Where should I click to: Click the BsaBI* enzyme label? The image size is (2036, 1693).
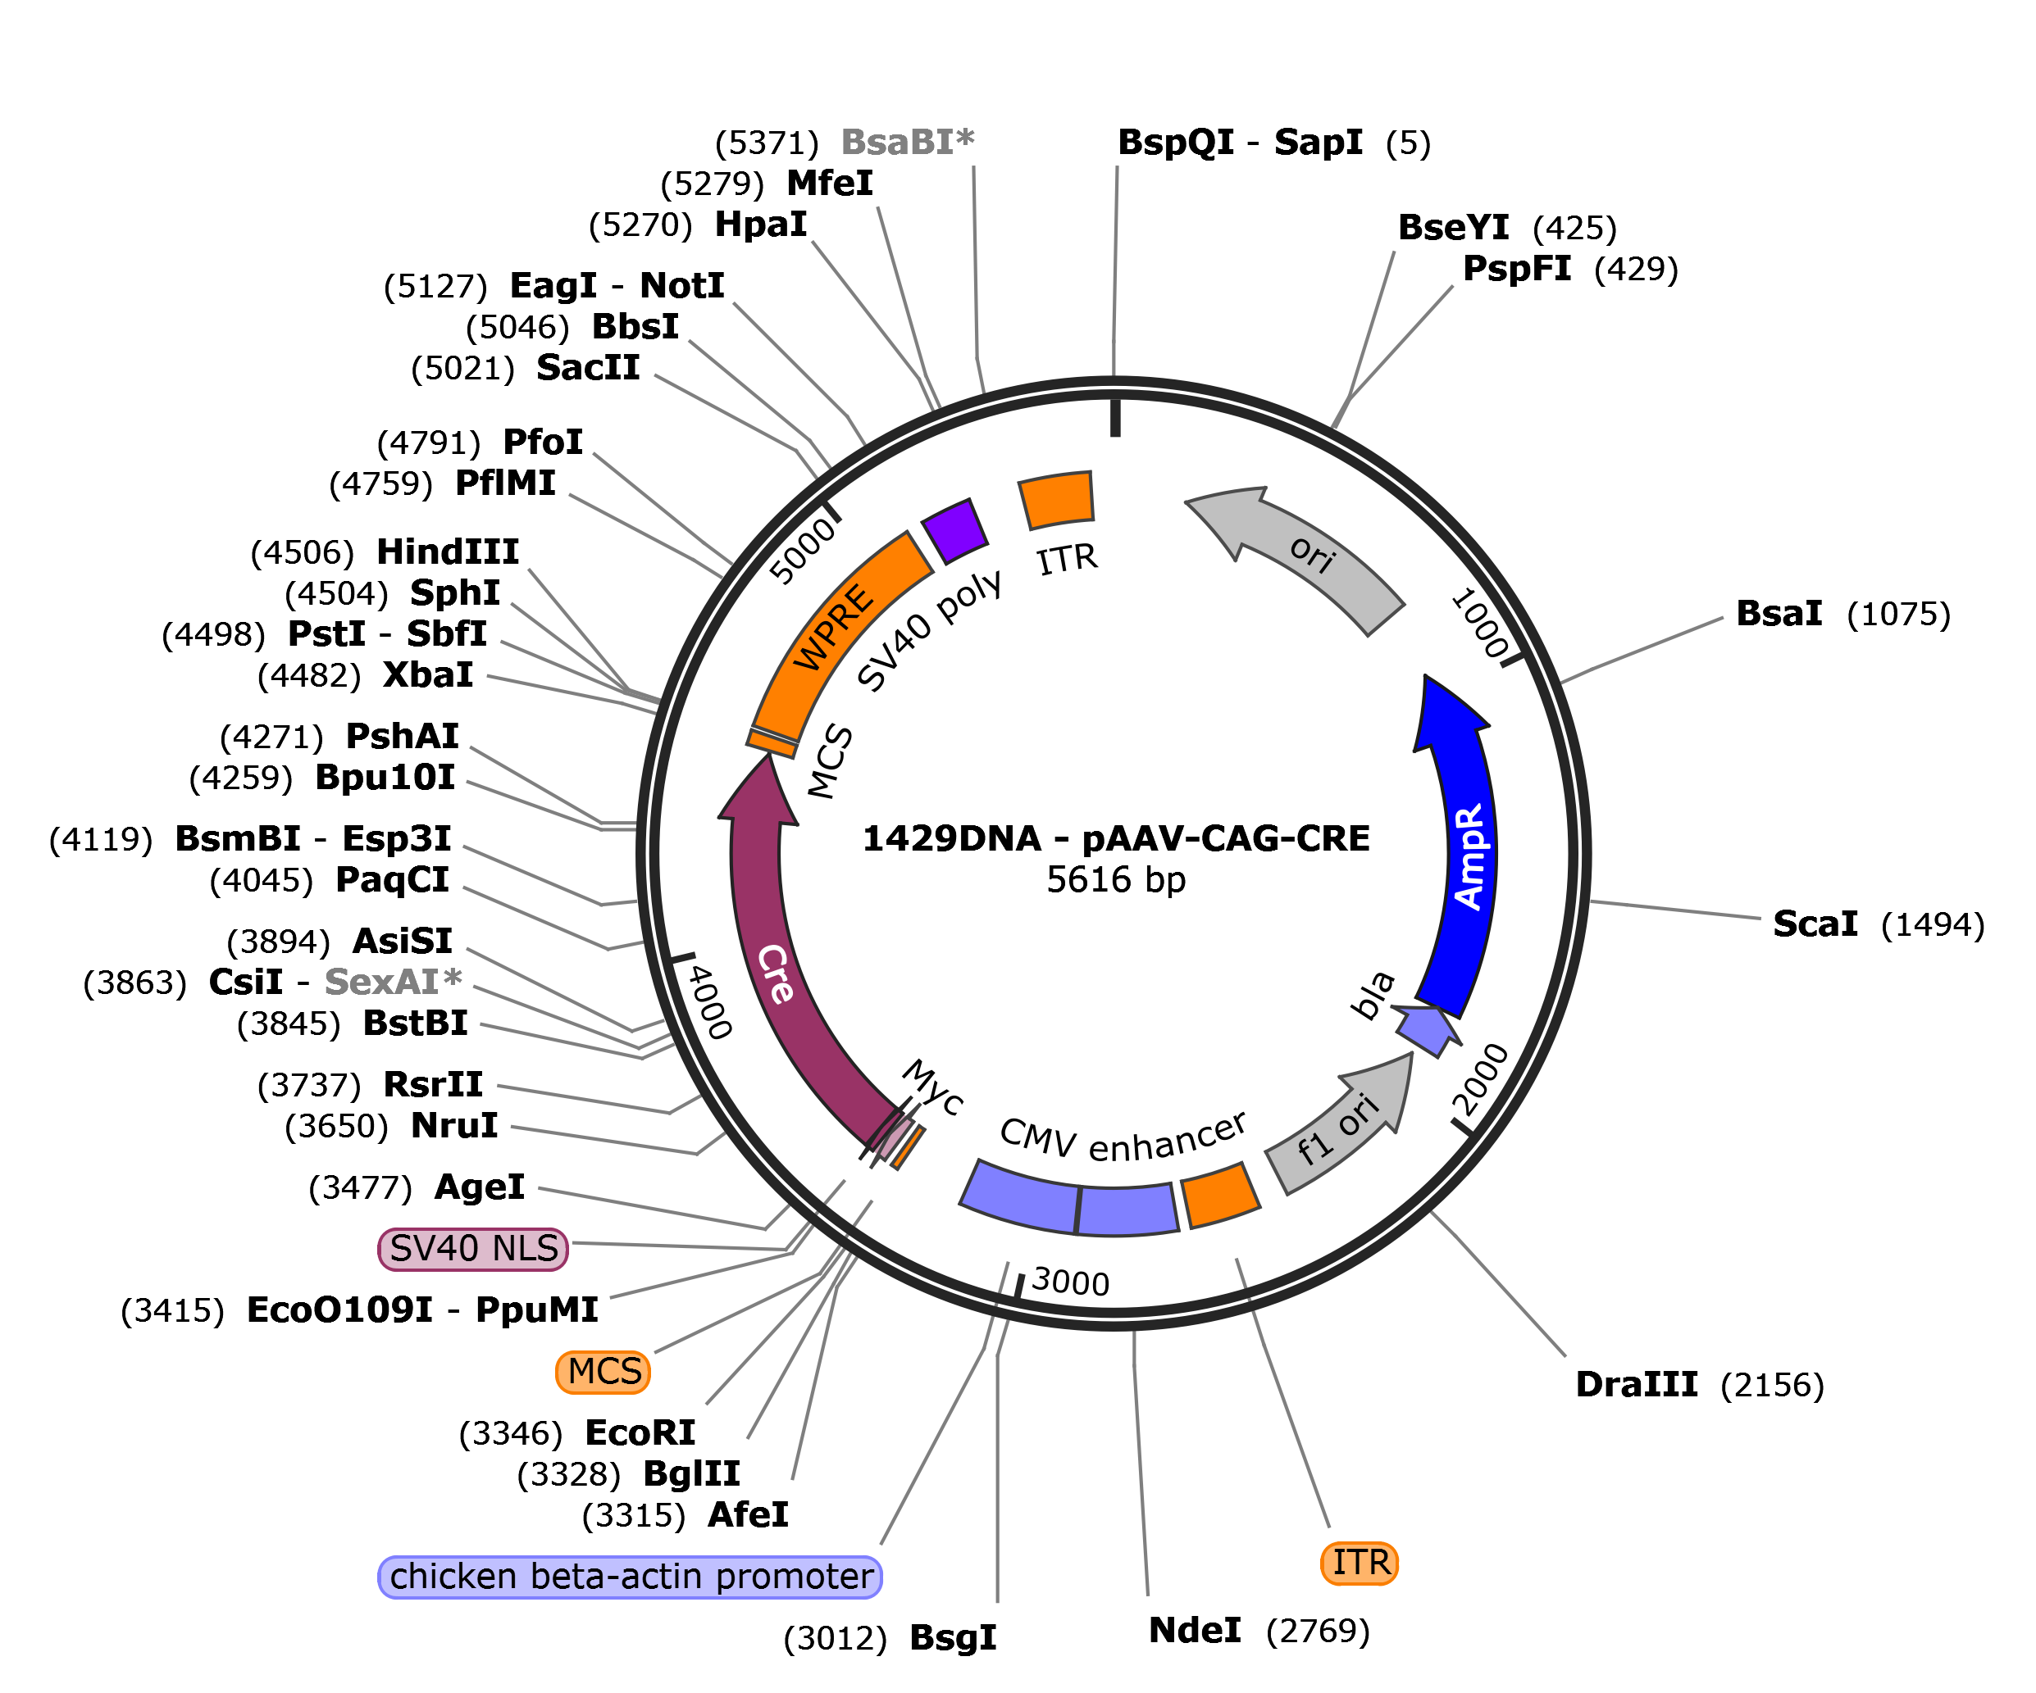(x=907, y=143)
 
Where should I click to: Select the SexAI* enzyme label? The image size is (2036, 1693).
(x=393, y=982)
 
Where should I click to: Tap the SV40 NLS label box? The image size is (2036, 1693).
(x=473, y=1248)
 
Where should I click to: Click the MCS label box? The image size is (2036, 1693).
(x=603, y=1371)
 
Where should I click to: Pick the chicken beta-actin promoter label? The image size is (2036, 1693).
(x=631, y=1577)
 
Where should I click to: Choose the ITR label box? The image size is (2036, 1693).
(x=1360, y=1564)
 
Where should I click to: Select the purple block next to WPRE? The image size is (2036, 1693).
(x=955, y=530)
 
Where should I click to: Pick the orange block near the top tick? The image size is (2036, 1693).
(x=1057, y=500)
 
